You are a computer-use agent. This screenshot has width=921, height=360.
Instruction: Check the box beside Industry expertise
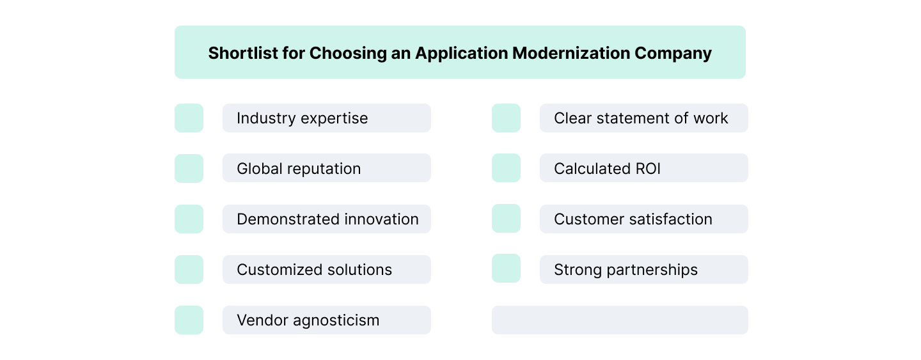189,118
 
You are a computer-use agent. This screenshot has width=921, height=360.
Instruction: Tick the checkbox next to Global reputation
189,169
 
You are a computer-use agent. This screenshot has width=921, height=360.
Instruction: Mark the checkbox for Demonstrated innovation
189,219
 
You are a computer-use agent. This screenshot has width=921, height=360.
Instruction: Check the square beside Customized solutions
189,270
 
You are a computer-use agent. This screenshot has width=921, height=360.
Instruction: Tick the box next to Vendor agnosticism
189,320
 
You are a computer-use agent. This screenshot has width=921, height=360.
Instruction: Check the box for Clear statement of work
506,118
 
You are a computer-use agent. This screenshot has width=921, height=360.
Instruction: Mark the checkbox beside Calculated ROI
506,168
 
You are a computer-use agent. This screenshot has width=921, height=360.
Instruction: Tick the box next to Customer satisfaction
506,219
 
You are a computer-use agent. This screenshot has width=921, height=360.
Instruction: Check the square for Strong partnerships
506,269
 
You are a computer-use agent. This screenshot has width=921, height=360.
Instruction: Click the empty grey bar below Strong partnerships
619,320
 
